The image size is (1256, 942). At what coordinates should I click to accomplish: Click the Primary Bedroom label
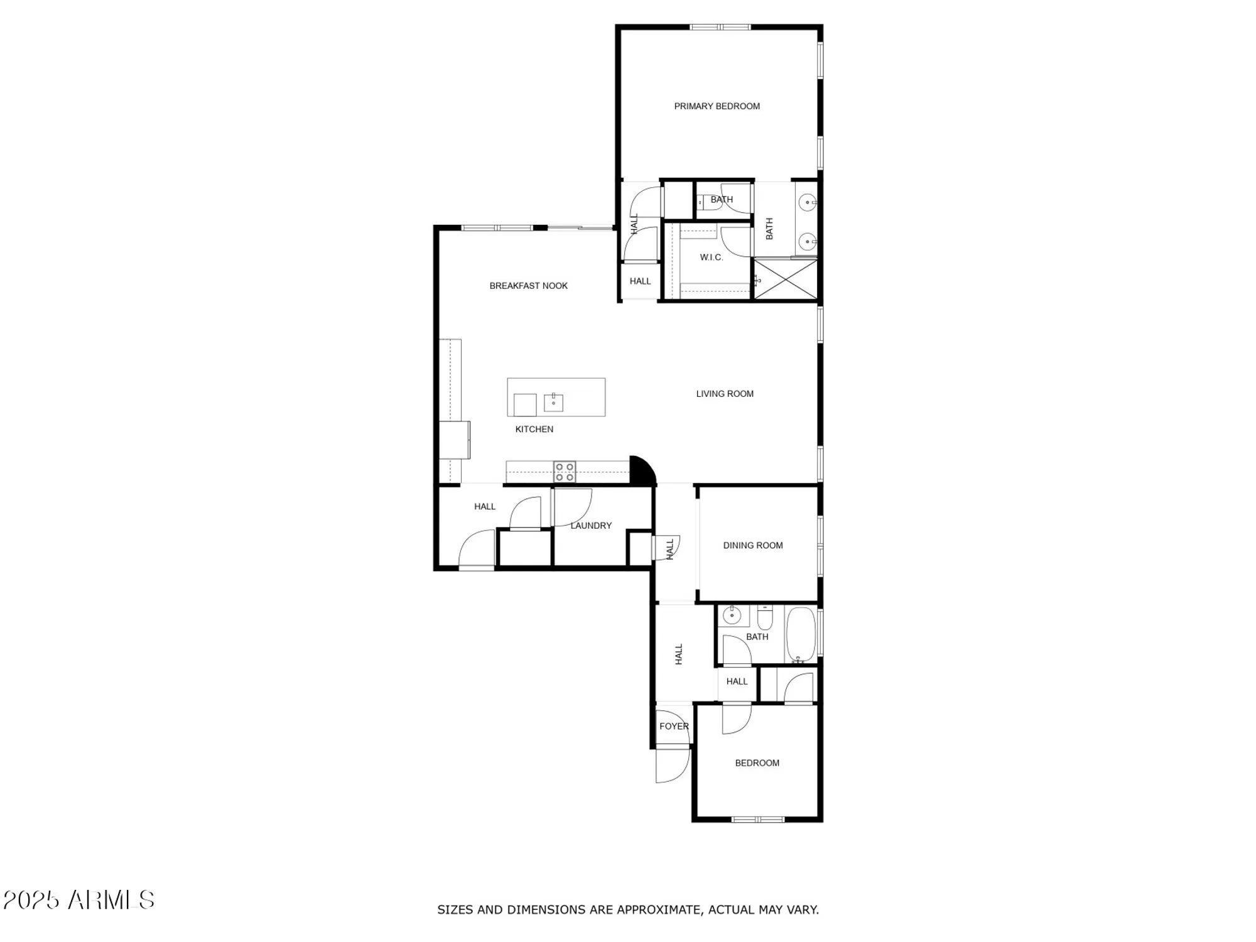click(717, 106)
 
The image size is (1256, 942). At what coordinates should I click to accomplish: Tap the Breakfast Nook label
click(528, 286)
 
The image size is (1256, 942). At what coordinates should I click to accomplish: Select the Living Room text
click(724, 394)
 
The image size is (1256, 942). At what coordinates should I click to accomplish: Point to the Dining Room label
click(752, 545)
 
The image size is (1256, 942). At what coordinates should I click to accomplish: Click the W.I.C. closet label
click(711, 257)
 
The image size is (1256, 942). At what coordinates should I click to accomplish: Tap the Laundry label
click(590, 526)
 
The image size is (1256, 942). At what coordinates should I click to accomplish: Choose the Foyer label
click(673, 726)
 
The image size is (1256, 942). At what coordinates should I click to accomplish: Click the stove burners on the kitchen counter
click(565, 472)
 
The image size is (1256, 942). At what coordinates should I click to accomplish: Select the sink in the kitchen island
click(553, 402)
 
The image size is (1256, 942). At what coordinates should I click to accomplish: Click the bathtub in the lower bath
click(801, 634)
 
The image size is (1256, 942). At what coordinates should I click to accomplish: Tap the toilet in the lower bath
click(764, 619)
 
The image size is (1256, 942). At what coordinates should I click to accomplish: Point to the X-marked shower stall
click(786, 279)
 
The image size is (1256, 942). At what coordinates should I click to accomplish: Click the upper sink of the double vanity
click(808, 202)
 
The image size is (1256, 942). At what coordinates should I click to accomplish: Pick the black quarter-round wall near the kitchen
click(640, 471)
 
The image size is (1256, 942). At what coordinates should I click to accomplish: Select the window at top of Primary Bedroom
click(720, 27)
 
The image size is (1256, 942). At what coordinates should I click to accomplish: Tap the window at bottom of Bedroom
click(758, 820)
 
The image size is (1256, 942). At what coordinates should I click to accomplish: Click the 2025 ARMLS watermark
click(78, 900)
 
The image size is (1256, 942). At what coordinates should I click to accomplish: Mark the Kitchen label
click(534, 430)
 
